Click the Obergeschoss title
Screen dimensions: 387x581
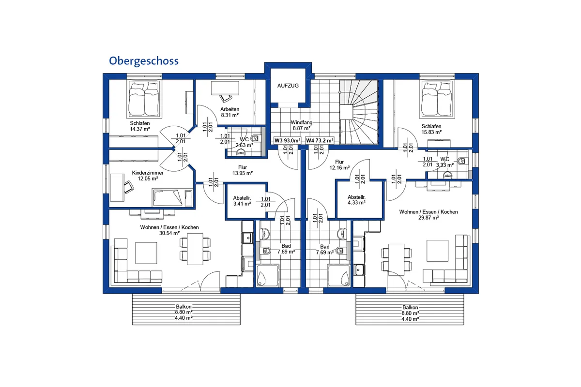(143, 60)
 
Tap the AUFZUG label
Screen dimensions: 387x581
(288, 86)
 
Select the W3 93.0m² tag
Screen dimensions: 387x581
(288, 140)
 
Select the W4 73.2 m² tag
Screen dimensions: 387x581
(320, 140)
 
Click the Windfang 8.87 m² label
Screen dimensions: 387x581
(301, 126)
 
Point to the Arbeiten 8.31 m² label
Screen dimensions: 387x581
(230, 112)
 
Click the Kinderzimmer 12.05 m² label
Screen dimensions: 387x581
(148, 176)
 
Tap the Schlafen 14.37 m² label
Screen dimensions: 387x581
(139, 126)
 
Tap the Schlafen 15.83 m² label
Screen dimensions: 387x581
(431, 129)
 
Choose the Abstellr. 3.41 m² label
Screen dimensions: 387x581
(242, 200)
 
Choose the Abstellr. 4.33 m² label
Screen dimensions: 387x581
(356, 199)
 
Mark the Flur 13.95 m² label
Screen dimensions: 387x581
(243, 170)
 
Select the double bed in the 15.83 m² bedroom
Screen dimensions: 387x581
(437, 99)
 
